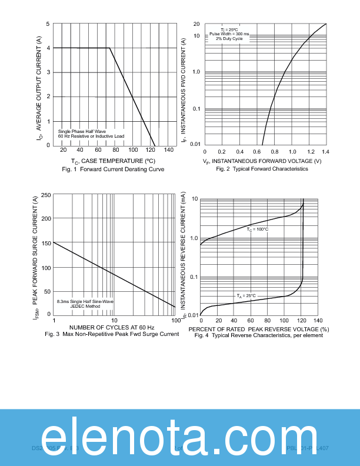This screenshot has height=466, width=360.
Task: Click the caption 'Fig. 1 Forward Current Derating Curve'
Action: click(113, 169)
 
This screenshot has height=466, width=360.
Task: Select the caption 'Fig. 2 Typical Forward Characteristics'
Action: click(262, 169)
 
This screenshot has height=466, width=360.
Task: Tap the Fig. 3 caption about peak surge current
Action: click(112, 334)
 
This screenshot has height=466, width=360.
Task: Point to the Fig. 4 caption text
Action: click(259, 335)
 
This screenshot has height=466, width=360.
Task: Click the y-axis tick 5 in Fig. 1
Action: click(47, 24)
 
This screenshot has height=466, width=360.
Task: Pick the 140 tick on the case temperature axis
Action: click(169, 151)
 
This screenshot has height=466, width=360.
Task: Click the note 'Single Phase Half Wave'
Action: click(82, 131)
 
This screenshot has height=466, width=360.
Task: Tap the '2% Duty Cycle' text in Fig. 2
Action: click(229, 39)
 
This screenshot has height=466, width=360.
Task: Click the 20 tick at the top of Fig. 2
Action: click(196, 24)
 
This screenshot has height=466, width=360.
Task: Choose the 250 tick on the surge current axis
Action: click(45, 195)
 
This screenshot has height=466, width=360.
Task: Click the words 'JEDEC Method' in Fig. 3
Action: click(85, 306)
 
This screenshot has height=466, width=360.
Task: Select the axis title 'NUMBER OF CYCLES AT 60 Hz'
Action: click(112, 327)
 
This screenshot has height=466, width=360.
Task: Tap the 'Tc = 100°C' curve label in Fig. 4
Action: click(257, 229)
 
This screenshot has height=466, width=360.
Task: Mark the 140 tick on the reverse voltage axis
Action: click(318, 321)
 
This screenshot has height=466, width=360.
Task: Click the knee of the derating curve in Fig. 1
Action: click(109, 48)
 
